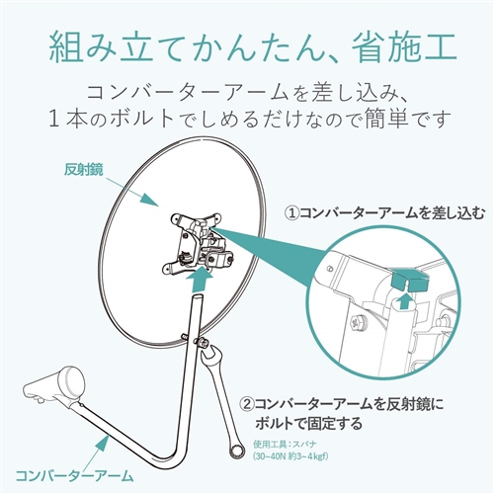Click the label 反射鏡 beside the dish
pos(83,169)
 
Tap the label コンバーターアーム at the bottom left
pos(75,476)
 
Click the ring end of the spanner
pos(237,451)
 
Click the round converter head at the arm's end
pos(73,381)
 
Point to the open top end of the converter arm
pos(197,296)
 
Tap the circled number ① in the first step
pos(290,213)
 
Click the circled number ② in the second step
pos(247,404)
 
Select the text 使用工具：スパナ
pos(285,445)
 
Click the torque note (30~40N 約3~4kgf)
pos(290,456)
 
